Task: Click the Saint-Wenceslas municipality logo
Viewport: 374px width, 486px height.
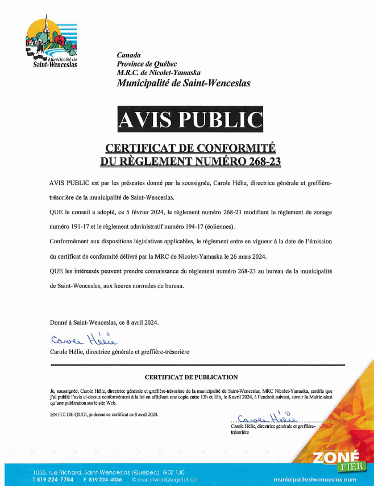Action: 51,43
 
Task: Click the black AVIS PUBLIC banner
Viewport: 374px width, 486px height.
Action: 190,119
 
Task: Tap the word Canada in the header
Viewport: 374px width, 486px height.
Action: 128,55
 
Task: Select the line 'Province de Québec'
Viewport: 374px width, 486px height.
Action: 147,64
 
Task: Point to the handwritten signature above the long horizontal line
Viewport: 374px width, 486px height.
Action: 82,339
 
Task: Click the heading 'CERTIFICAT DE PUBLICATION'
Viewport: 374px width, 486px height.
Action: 191,377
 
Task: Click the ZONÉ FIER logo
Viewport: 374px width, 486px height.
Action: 336,459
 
